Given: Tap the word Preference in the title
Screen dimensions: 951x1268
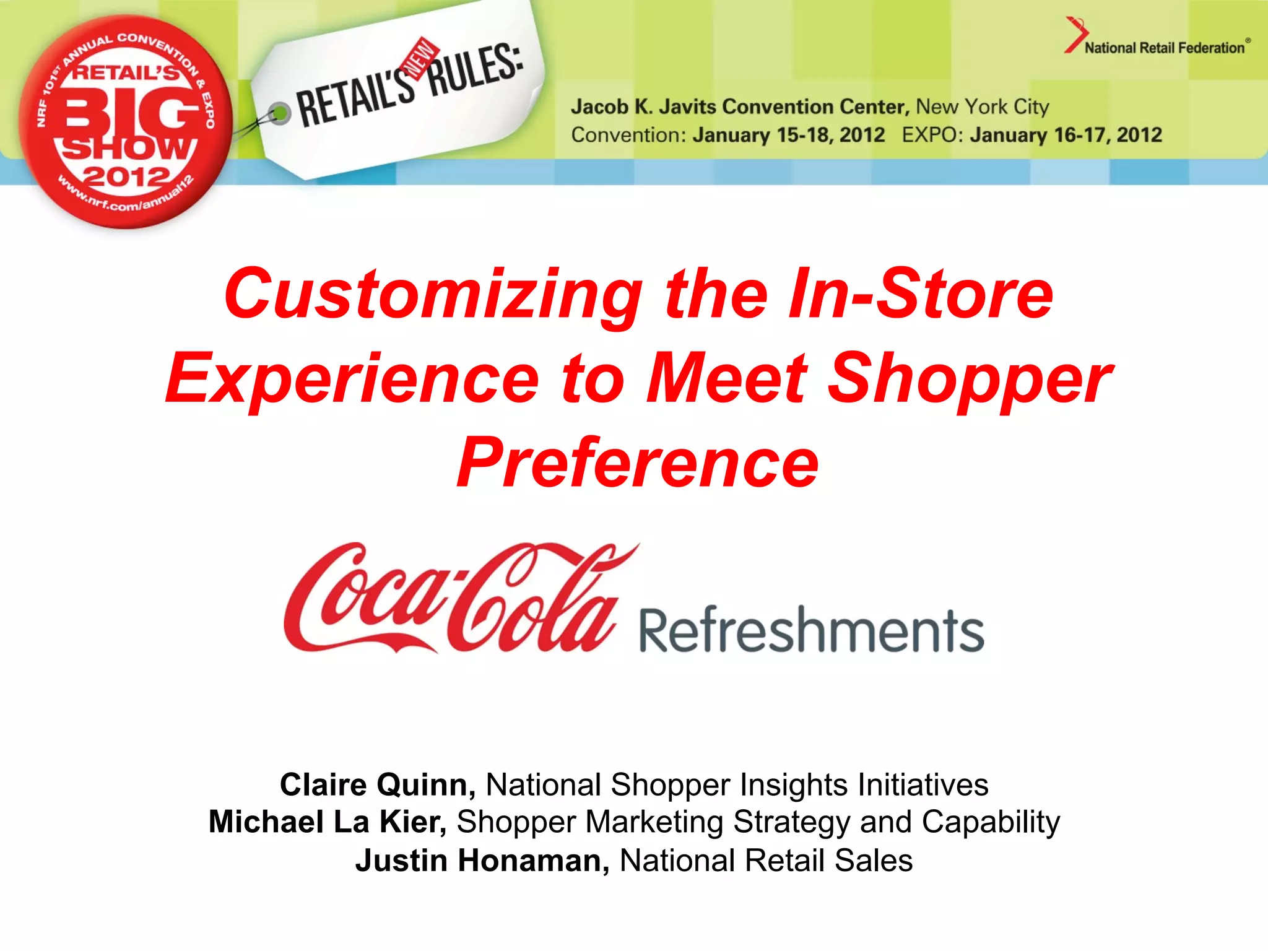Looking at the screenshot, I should click(638, 463).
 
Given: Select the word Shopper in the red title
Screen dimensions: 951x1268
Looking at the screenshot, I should click(970, 379).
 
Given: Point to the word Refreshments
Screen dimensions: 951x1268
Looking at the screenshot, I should click(811, 630).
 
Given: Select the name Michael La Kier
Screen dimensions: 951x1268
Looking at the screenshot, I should click(327, 822).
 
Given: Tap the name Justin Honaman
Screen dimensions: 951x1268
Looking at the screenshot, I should click(482, 861).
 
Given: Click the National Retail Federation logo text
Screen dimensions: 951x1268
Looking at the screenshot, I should click(1164, 48).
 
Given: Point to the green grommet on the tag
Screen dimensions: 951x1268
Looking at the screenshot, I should click(280, 113).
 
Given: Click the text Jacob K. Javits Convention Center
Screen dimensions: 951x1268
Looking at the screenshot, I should click(740, 107).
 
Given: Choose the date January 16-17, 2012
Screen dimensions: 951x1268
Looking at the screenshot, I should click(1066, 135).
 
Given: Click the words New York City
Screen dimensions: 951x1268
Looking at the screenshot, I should click(983, 107).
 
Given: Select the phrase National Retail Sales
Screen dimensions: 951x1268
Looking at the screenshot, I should click(766, 861).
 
